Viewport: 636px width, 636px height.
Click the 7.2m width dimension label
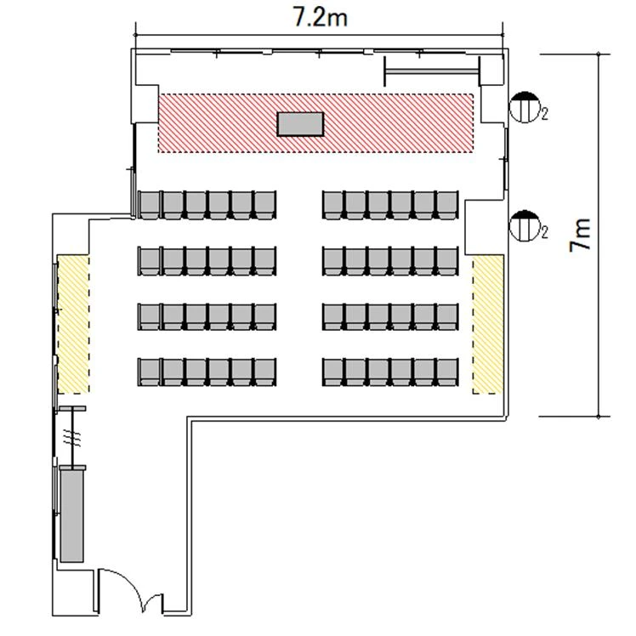[x=320, y=18]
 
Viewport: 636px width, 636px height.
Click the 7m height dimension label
[x=580, y=236]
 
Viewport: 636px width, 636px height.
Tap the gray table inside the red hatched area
[x=300, y=124]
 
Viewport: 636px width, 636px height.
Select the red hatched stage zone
[x=315, y=123]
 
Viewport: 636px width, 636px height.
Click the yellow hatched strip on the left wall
[x=73, y=324]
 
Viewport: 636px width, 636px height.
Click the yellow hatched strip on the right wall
[x=488, y=324]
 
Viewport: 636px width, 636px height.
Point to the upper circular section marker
[x=525, y=107]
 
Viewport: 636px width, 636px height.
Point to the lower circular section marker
[x=525, y=225]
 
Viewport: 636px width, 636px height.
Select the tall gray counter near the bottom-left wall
[x=71, y=515]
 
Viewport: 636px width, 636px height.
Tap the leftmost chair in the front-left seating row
[x=150, y=205]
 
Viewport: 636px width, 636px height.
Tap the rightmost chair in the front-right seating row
[x=448, y=205]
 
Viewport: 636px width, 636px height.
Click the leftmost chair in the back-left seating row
[x=150, y=372]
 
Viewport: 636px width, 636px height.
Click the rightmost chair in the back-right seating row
[x=448, y=372]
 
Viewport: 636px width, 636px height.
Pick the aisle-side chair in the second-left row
[x=265, y=261]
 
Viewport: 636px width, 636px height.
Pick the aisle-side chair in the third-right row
[x=333, y=317]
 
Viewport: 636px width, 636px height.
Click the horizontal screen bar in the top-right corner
[x=432, y=71]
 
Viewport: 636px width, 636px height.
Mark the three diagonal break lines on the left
[x=72, y=438]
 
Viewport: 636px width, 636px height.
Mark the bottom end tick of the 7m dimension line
[x=599, y=417]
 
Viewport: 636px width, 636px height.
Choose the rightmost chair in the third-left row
[x=265, y=317]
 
